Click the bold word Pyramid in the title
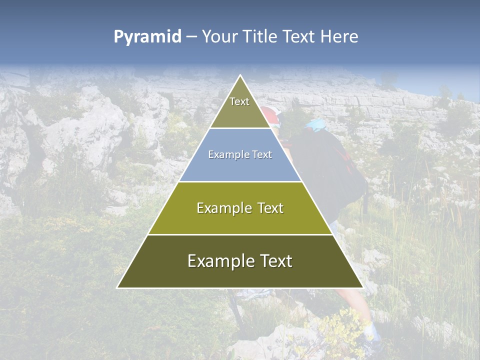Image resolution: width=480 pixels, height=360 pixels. point(147,37)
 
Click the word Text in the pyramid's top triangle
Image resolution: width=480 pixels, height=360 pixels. point(239,101)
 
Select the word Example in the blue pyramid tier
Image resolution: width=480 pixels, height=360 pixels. point(224,155)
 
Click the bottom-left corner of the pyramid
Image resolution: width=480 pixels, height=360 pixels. point(118,287)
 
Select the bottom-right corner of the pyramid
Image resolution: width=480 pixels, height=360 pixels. point(362,287)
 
